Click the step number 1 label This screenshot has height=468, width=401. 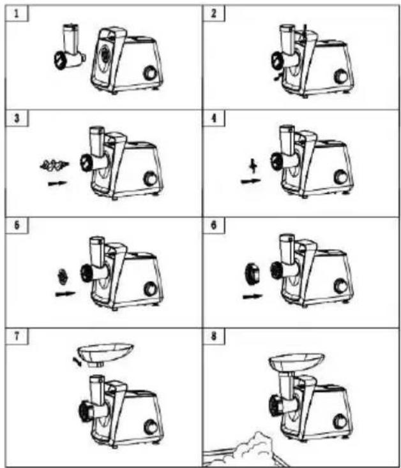(x=17, y=14)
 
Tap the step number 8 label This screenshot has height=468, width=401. (x=213, y=337)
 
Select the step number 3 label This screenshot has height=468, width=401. (x=17, y=118)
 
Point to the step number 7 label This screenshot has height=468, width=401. (x=17, y=337)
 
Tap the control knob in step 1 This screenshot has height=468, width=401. (x=150, y=73)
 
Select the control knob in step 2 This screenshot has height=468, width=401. (x=341, y=77)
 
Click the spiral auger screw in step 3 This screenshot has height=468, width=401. (x=54, y=165)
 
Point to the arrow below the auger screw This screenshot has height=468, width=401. (x=57, y=183)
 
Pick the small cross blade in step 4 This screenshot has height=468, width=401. (x=253, y=166)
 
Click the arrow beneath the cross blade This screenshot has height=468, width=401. (x=251, y=181)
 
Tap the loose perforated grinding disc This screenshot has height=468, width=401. (x=63, y=276)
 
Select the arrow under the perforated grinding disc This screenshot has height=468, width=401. (x=65, y=294)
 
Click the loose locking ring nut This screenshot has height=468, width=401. (x=252, y=272)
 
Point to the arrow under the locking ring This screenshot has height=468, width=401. (x=252, y=296)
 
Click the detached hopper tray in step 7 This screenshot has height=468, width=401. (x=105, y=354)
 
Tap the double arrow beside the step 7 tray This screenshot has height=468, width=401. (x=77, y=362)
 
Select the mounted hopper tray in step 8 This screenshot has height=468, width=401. (x=296, y=362)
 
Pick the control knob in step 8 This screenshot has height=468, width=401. (x=340, y=421)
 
